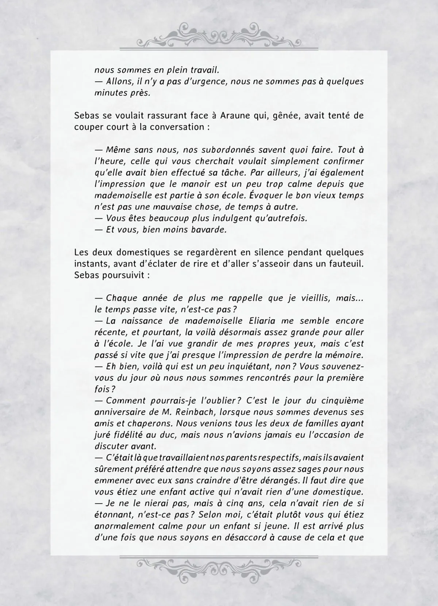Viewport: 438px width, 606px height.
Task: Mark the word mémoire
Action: coord(343,355)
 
